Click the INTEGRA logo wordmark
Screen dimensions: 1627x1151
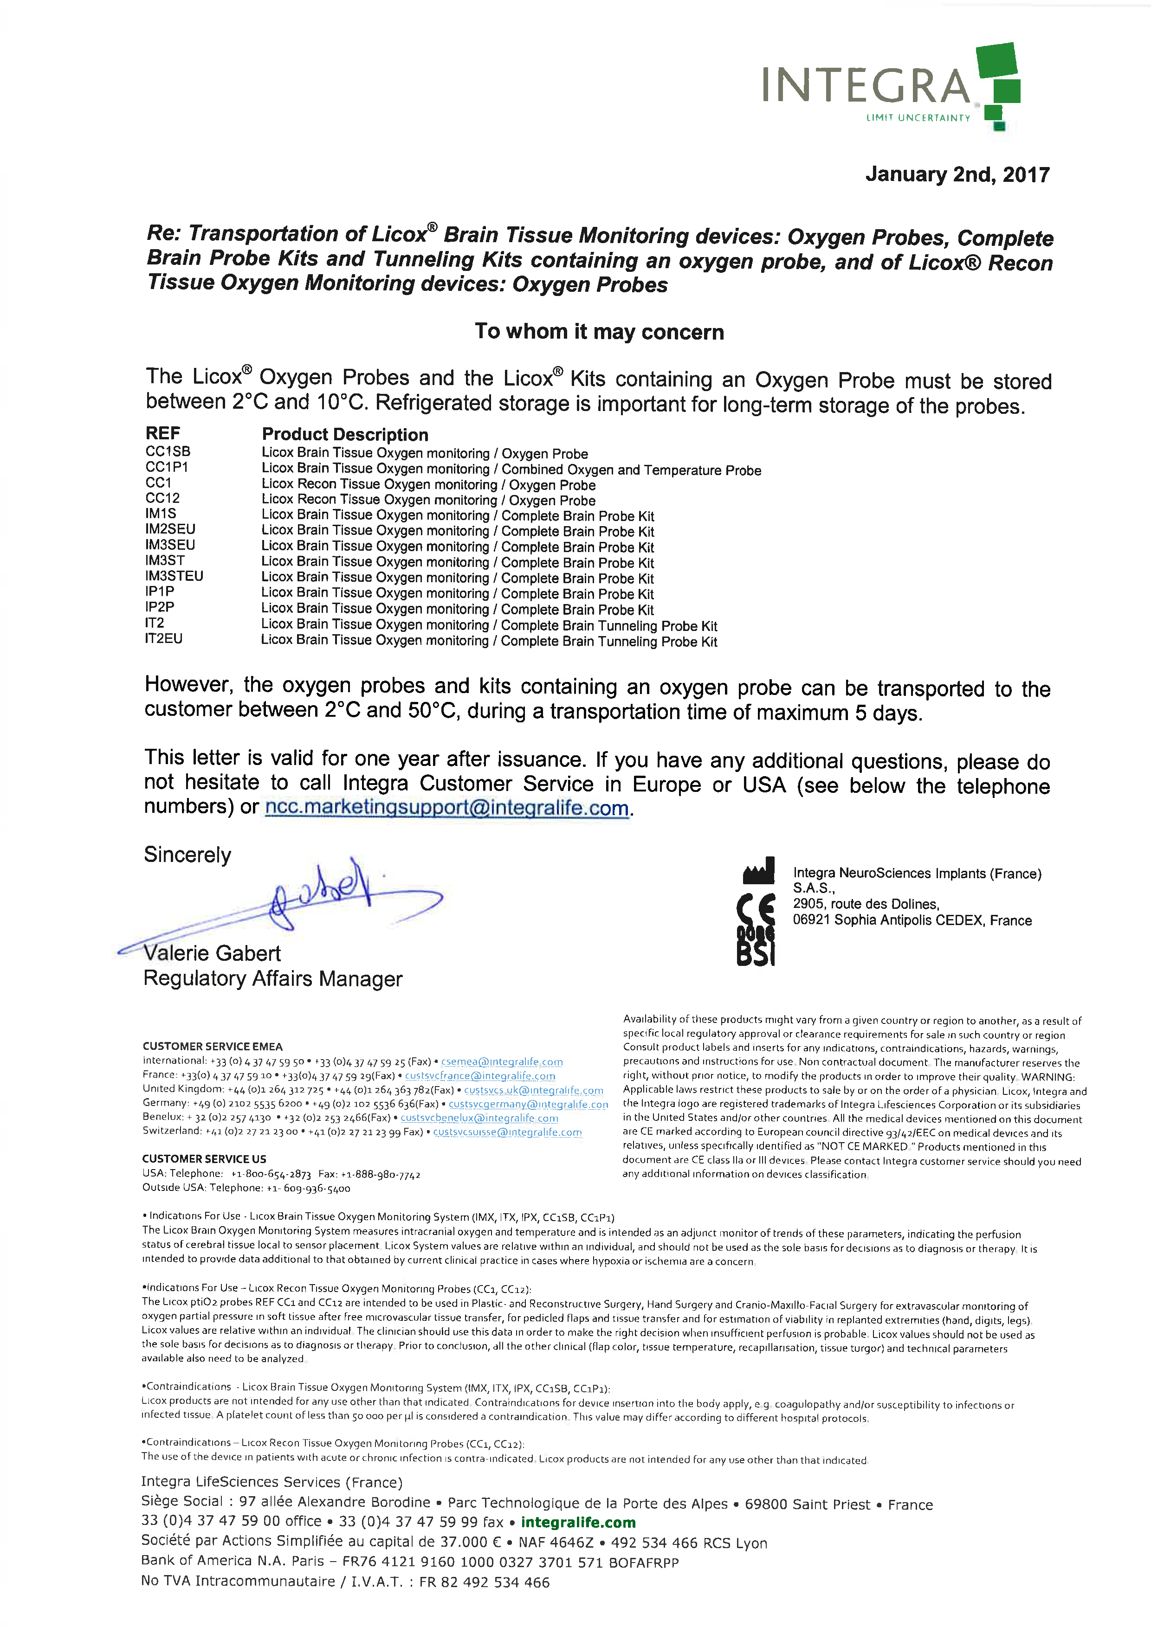point(866,86)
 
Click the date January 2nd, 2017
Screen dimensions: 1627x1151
point(957,174)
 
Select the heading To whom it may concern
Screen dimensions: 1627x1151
point(599,332)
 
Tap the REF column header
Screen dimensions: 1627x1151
point(163,433)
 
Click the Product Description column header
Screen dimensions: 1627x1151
point(345,434)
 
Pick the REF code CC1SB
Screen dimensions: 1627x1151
point(168,451)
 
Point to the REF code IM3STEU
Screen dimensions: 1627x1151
point(175,576)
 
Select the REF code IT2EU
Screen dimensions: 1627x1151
point(164,638)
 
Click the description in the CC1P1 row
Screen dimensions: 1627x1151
point(511,469)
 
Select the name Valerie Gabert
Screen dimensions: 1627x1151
point(212,953)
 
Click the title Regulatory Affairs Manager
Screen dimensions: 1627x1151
point(273,978)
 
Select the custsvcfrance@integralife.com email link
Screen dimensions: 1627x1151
point(480,1076)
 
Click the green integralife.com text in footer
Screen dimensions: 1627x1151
point(578,1522)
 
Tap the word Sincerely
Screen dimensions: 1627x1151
point(187,855)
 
